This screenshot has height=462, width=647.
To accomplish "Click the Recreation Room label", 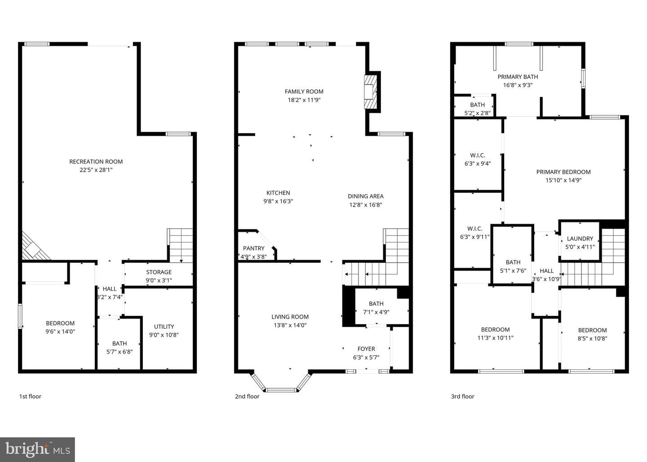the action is [96, 161].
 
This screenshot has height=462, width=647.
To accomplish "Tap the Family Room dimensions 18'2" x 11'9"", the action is [304, 100].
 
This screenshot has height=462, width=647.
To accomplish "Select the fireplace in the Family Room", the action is [371, 92].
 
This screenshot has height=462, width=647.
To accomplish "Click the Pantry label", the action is [253, 248].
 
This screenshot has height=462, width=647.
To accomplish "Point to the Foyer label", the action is [366, 349].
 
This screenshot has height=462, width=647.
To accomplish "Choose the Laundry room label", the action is [580, 239].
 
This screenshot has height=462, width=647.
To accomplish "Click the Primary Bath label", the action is [518, 77].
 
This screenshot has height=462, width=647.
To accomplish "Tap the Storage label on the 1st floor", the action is [159, 272].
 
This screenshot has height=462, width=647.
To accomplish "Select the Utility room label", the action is [164, 326].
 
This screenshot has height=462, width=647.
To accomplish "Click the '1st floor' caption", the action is [31, 396].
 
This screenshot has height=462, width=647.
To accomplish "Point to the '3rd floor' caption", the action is [463, 396].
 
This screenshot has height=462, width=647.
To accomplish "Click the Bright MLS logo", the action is [38, 449].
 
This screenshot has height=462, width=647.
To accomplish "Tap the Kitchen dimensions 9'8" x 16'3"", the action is [278, 201].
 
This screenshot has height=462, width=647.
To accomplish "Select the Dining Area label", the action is [366, 196].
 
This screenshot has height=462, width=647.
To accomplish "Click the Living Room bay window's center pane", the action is [281, 390].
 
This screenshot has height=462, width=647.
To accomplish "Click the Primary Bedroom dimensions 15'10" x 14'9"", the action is [563, 180].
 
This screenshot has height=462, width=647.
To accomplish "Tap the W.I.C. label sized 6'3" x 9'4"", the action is [478, 155].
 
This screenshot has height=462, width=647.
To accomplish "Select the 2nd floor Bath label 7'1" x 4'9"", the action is [376, 304].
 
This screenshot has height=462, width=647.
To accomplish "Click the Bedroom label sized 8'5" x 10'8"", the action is [592, 330].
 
